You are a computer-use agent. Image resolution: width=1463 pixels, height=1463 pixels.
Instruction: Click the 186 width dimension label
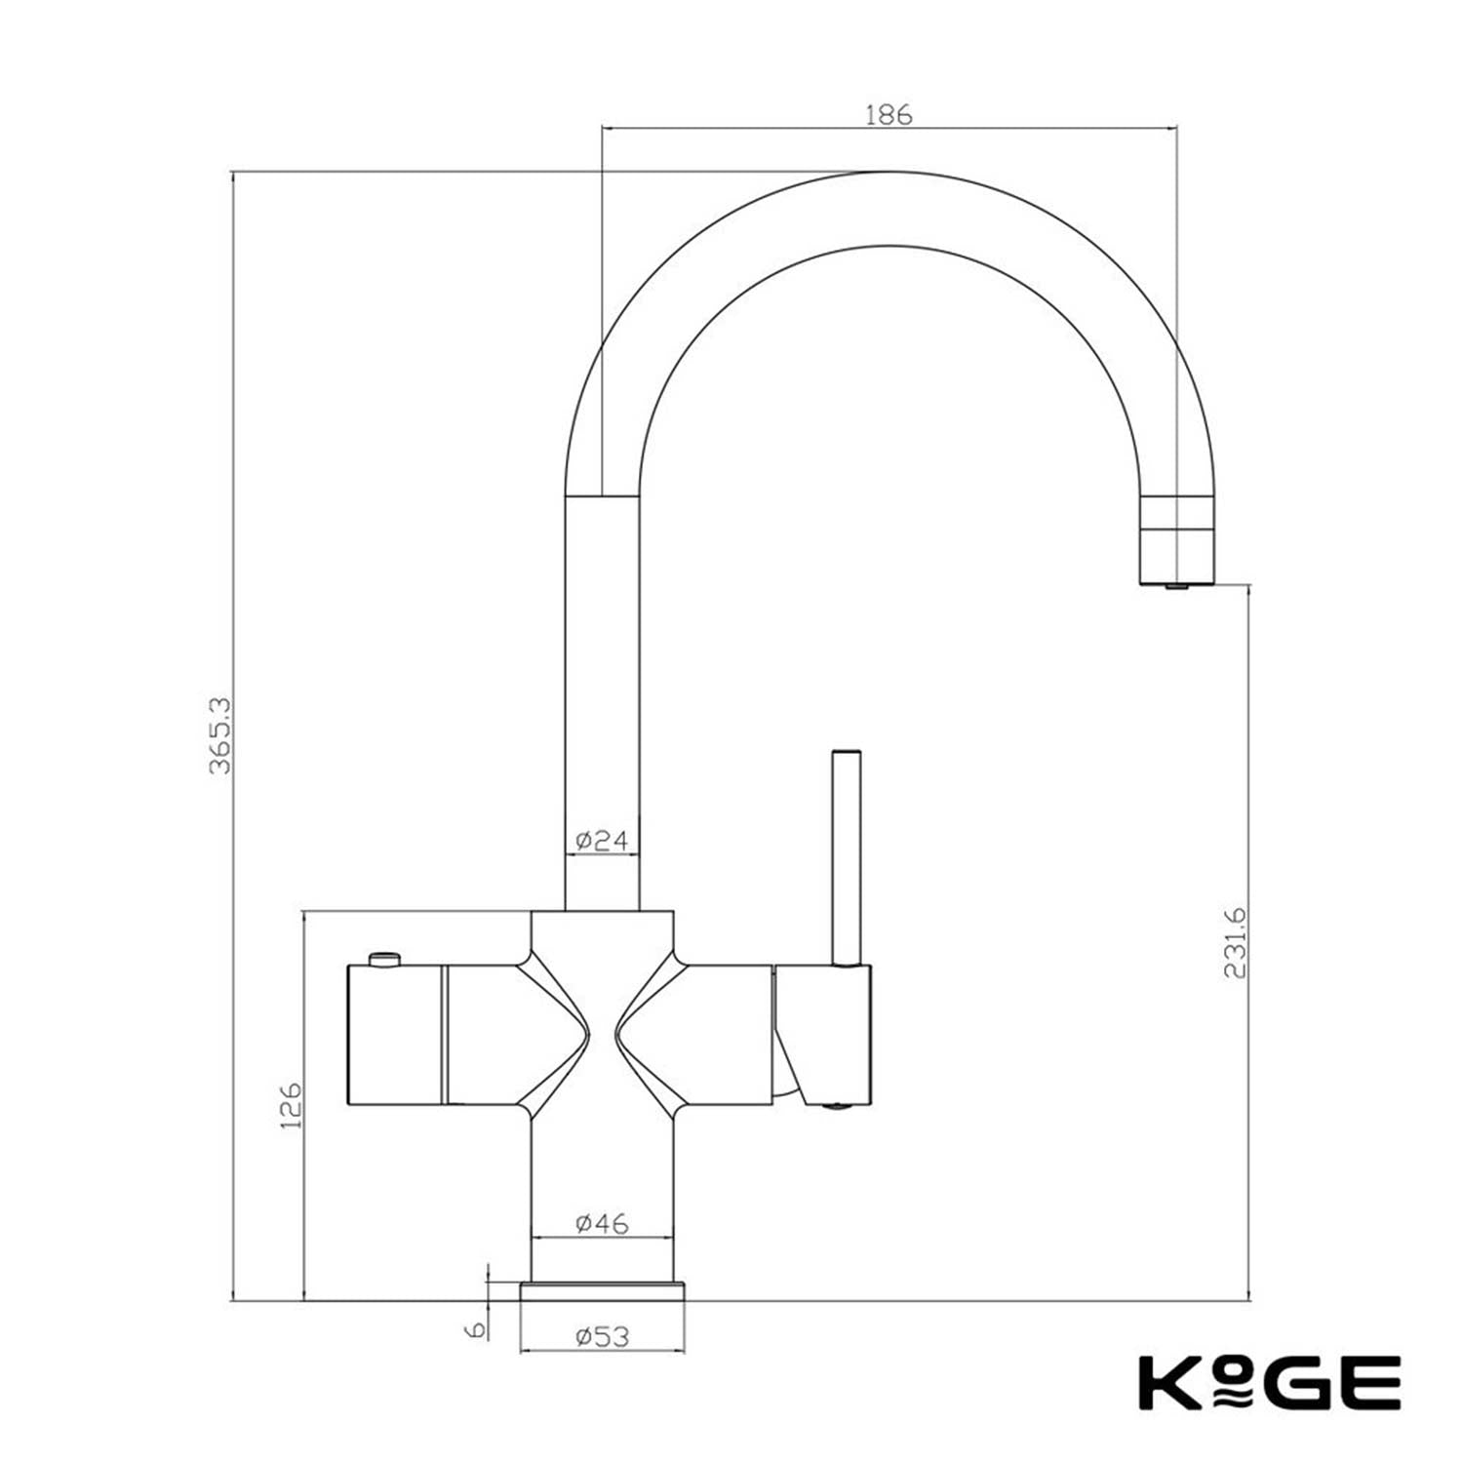point(889,114)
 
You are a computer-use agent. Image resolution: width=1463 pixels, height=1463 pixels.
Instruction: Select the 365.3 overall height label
point(219,735)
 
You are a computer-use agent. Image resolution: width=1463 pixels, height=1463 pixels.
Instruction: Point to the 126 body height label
point(291,1105)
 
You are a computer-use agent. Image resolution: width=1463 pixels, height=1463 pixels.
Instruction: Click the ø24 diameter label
point(602,840)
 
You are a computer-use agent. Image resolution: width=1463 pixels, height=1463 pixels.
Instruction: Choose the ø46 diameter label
point(602,1222)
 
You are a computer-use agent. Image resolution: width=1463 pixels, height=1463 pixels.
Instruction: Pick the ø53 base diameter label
point(602,1335)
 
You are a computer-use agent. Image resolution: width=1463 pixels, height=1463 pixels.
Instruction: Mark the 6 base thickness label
point(475,1329)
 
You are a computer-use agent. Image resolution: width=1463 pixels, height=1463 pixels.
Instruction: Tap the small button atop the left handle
point(384,959)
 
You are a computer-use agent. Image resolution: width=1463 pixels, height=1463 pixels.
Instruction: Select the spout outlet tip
point(1177,584)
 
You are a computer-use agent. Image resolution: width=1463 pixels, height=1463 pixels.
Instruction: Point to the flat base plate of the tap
point(602,1291)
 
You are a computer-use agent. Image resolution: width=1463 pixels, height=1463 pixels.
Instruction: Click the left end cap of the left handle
point(395,1036)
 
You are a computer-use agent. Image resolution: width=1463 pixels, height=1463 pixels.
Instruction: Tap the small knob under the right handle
point(834,1106)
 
